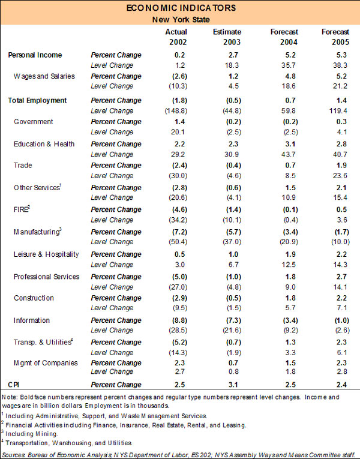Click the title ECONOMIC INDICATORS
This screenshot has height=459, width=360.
coord(179,8)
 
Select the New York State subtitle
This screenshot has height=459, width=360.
coord(179,19)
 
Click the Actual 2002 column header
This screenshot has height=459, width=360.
coord(176,37)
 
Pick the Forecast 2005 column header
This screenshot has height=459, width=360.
coord(335,37)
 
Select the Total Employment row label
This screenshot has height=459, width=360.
coord(37,100)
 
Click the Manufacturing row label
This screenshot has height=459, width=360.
coord(38,232)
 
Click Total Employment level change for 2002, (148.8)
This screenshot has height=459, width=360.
coord(175,110)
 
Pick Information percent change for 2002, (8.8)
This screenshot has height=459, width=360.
coord(178,320)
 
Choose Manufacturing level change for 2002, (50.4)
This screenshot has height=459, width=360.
coord(176,242)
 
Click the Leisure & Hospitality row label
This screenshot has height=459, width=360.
coord(47,254)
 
